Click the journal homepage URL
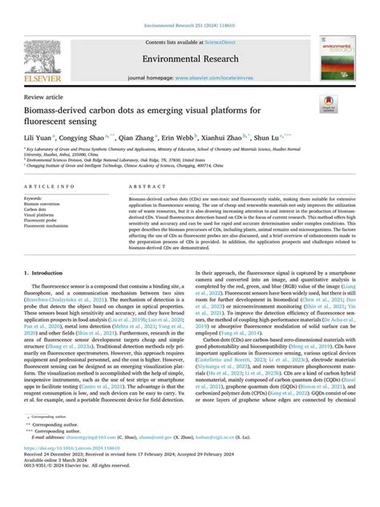(x=213, y=78)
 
